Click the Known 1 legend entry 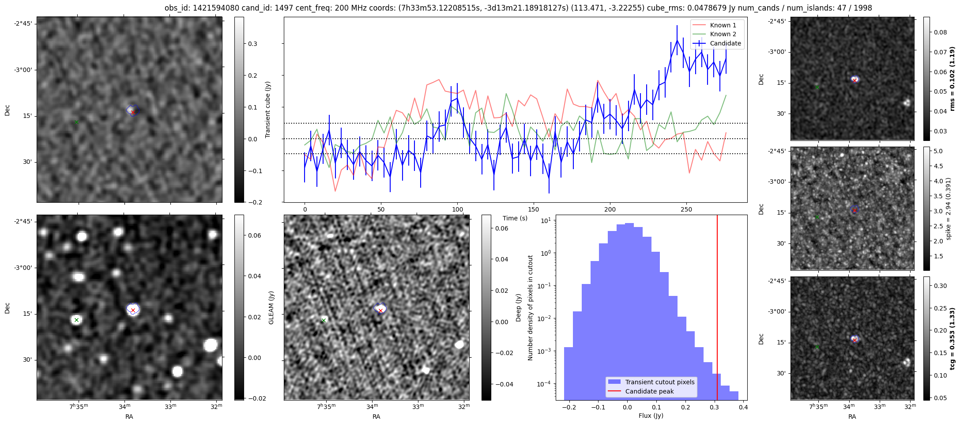point(723,25)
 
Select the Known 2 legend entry point(723,34)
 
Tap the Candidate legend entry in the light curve point(725,43)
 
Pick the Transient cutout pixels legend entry point(659,382)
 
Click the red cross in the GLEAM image point(133,310)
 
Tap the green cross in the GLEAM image point(76,320)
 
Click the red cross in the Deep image point(380,310)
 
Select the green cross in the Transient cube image point(76,122)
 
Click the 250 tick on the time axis point(686,209)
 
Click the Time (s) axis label point(515,218)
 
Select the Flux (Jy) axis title point(651,416)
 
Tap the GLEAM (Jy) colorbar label point(271,307)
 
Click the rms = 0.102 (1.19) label point(952,79)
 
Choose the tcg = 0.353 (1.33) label point(952,339)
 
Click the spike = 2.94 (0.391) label point(948,209)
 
